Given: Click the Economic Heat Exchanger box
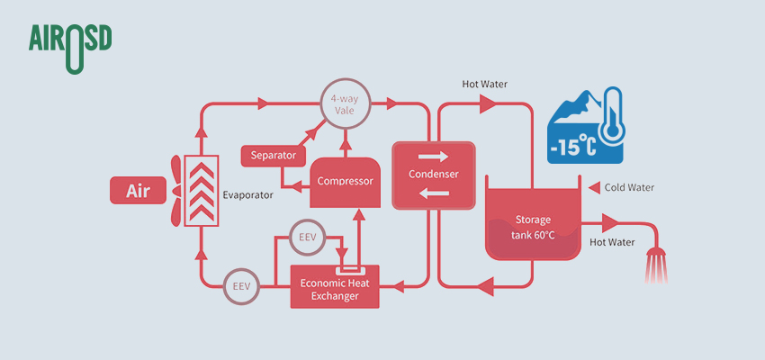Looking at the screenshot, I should coord(341,289).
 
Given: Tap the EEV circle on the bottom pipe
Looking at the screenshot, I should coord(240,286).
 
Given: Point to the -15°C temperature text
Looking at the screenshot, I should coord(572,144).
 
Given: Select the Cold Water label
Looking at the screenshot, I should coord(629,188).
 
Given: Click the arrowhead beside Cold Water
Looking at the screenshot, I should coord(593,188).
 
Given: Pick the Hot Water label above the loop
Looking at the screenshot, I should coord(484,85).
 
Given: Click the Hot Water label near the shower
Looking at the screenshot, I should coord(612,241).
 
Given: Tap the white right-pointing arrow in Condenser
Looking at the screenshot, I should coord(433,157).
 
